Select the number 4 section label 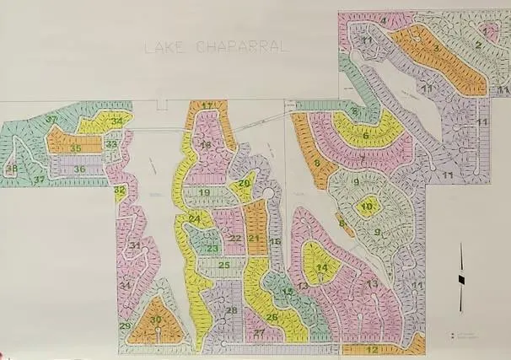click(x=384, y=20)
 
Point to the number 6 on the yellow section click(x=366, y=133)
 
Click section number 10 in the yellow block click(x=367, y=206)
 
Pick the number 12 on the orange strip click(x=372, y=348)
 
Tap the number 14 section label click(x=321, y=268)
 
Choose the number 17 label click(x=207, y=105)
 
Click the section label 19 click(x=204, y=193)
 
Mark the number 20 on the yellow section click(x=244, y=183)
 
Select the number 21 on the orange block click(x=254, y=239)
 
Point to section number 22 click(x=235, y=239)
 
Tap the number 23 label click(x=212, y=248)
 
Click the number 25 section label click(x=224, y=265)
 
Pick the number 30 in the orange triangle click(x=156, y=319)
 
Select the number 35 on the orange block click(x=75, y=148)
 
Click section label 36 click(x=79, y=169)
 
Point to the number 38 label click(x=12, y=169)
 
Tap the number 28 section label click(x=232, y=310)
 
